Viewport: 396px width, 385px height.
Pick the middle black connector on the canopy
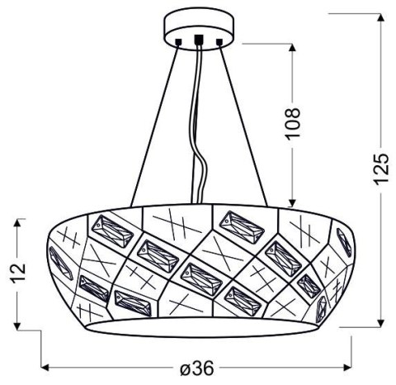point(198,39)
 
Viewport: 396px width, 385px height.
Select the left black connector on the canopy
point(177,40)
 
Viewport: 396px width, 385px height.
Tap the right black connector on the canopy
point(219,40)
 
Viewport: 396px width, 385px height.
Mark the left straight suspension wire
point(153,124)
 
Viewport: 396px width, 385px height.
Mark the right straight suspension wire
point(243,124)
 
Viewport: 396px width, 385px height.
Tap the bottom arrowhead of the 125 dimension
point(379,322)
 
